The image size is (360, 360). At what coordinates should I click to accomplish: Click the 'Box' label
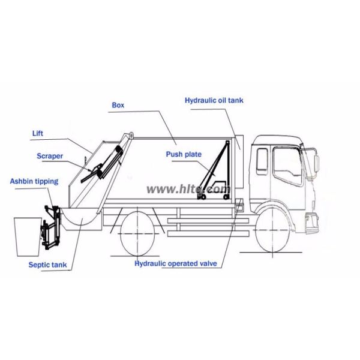[118, 105]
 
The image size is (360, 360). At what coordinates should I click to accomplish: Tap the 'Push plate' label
[184, 154]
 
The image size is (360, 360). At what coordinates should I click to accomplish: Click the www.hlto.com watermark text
[188, 189]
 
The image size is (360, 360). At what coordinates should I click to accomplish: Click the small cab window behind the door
[262, 161]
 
